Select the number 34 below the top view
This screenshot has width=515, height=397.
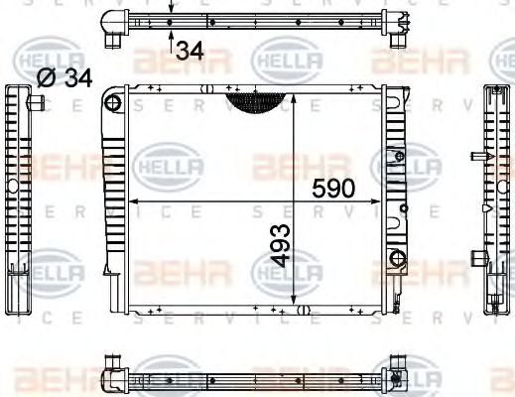click(x=190, y=49)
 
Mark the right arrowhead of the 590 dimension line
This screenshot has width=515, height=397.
click(x=389, y=201)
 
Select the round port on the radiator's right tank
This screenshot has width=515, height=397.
click(x=397, y=260)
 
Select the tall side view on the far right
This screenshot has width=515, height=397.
click(x=493, y=198)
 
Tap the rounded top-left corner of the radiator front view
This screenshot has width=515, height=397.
click(x=111, y=98)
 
